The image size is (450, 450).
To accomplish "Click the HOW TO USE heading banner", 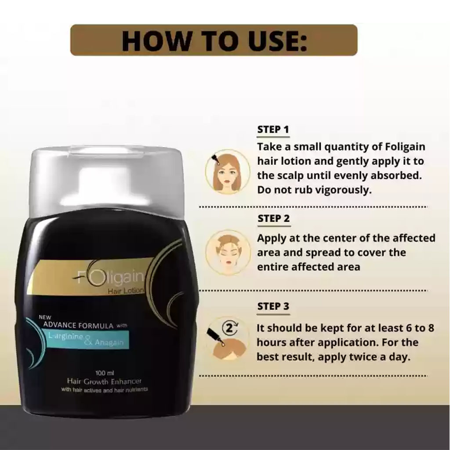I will [x=214, y=40].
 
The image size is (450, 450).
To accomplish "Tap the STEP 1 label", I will [x=273, y=130].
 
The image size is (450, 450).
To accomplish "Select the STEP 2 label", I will [x=273, y=218].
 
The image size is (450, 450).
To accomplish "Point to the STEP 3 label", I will [x=273, y=306].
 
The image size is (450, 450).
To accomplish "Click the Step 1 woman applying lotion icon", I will [x=227, y=172].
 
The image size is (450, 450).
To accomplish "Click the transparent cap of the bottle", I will [x=105, y=180].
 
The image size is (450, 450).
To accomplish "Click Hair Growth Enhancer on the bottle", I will [x=104, y=381].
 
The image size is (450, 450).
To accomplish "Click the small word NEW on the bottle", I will [x=46, y=316].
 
